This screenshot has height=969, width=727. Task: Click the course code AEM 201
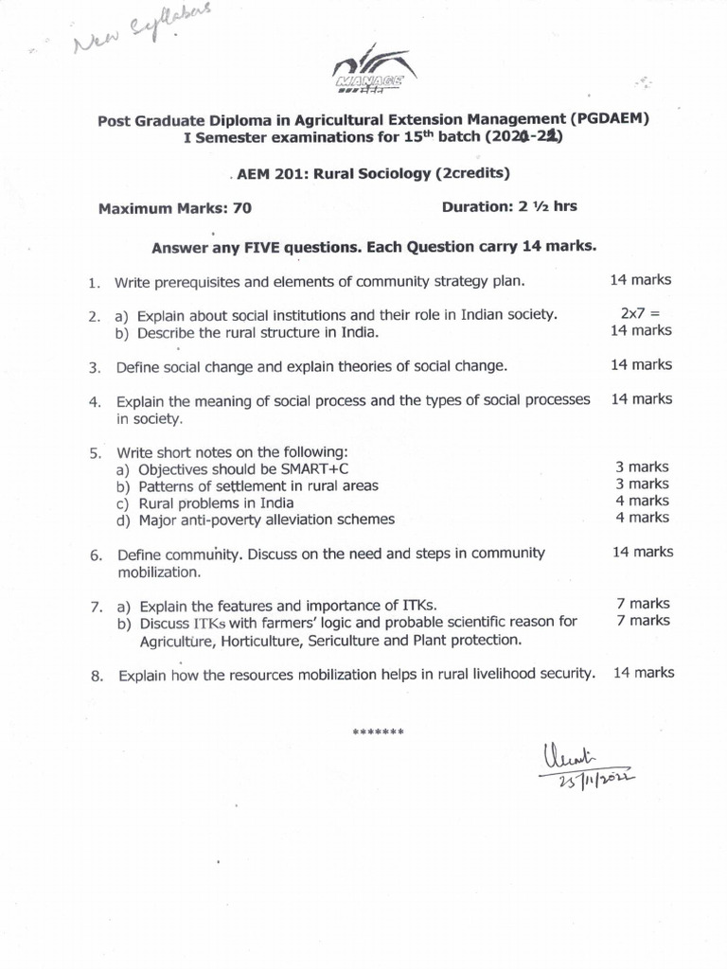tap(275, 173)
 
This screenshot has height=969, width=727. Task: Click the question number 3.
tap(95, 366)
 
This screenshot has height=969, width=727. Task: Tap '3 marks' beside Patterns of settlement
tap(642, 484)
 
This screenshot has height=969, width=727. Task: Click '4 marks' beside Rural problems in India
tap(642, 501)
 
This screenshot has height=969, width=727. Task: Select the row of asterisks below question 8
tap(378, 732)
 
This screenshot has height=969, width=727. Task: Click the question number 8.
tap(95, 676)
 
